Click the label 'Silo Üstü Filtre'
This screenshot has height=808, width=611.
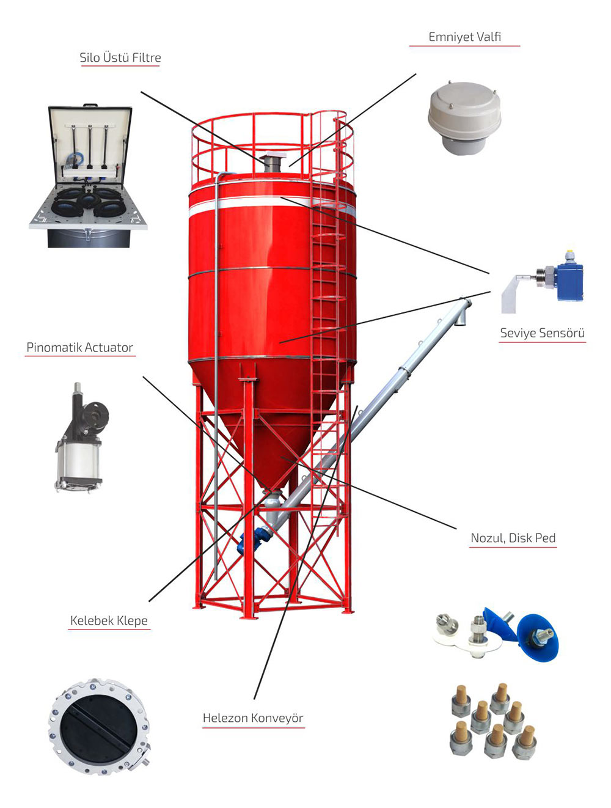[x=120, y=58]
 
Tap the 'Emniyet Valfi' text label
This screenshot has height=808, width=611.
[x=464, y=37]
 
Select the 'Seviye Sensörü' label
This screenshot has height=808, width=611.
[x=542, y=333]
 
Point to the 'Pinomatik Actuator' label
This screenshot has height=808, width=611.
[x=79, y=348]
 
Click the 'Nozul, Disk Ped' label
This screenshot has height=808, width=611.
[x=513, y=538]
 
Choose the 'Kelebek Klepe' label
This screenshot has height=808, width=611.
[x=109, y=620]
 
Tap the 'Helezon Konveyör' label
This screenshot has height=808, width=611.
[x=253, y=718]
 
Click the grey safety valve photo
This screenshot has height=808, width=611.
[x=464, y=116]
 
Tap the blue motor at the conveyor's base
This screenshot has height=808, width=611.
[x=250, y=540]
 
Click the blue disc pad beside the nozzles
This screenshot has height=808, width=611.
[x=536, y=639]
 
